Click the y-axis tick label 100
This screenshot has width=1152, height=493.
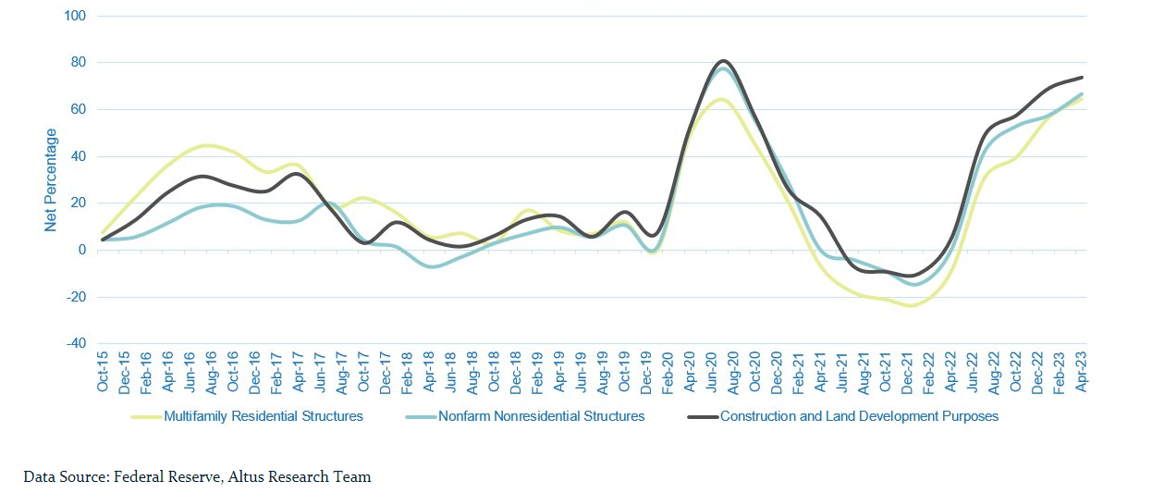74,16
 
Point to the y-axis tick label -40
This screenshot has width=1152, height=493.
74,343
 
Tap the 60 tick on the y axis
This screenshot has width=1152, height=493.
77,109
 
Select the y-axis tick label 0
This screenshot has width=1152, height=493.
81,250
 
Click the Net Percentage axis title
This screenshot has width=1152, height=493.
51,179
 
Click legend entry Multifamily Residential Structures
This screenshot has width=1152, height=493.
263,416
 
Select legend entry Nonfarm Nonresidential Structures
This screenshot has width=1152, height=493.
542,416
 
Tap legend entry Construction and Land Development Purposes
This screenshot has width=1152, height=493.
859,416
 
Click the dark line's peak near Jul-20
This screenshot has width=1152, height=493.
723,61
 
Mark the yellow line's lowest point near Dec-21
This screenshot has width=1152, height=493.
911,305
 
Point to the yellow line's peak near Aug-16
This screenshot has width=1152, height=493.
207,145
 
